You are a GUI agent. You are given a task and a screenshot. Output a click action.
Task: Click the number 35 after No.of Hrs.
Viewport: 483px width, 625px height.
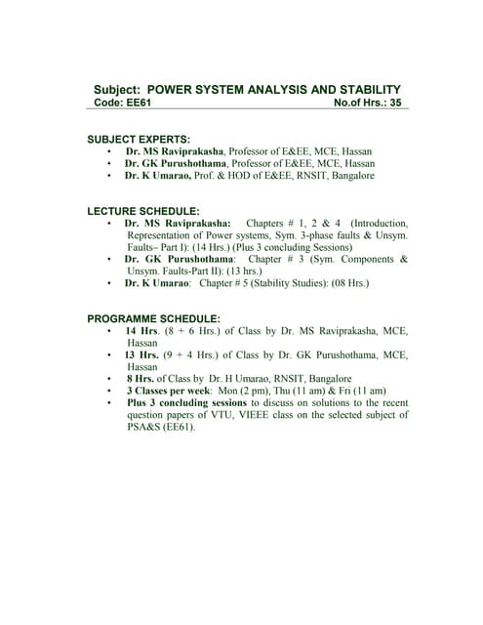(394, 102)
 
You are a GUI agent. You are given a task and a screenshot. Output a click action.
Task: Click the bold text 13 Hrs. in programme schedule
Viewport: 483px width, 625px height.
(141, 354)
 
